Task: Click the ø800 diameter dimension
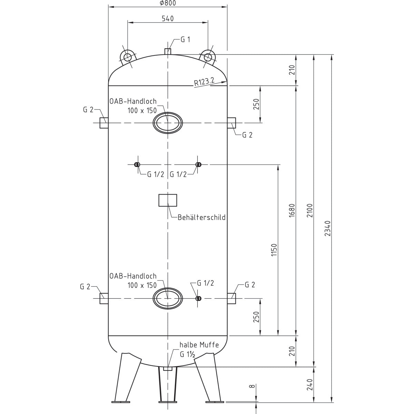point(168,3)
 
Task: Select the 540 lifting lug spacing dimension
point(168,19)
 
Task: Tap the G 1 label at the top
point(185,40)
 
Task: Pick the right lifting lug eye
point(208,57)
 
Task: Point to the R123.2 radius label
point(204,82)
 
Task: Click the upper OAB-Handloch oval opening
point(167,122)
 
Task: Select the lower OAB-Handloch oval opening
point(167,298)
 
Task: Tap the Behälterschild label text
point(201,217)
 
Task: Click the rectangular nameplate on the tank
point(168,200)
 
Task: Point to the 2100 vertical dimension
point(309,210)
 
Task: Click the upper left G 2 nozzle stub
point(104,123)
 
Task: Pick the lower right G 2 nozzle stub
point(231,298)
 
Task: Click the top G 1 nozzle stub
point(168,51)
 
